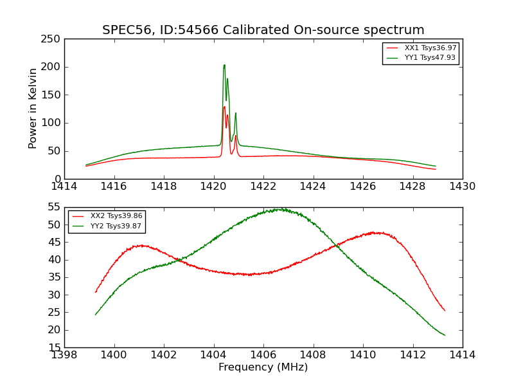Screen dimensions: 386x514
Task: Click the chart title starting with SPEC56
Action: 263,30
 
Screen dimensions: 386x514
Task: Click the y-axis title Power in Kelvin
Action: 33,109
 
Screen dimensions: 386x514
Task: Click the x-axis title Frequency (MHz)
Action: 263,367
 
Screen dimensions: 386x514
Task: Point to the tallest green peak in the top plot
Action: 224,65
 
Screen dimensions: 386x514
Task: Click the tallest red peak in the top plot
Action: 224,107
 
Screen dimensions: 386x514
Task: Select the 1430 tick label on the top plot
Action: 463,186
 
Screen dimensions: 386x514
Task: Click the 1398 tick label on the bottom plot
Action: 64,354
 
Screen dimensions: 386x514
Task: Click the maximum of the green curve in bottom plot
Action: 280,209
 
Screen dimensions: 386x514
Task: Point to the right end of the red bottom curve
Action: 445,311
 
